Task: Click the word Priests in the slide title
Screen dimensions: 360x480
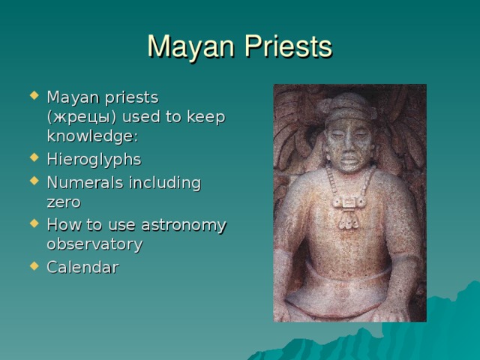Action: pos(287,46)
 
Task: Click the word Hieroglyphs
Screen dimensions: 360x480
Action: pos(94,160)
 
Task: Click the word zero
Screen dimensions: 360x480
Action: pos(64,202)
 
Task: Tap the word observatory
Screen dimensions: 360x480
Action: pos(94,244)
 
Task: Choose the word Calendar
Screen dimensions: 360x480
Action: pos(82,266)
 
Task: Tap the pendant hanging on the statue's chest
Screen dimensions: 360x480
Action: pos(349,204)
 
